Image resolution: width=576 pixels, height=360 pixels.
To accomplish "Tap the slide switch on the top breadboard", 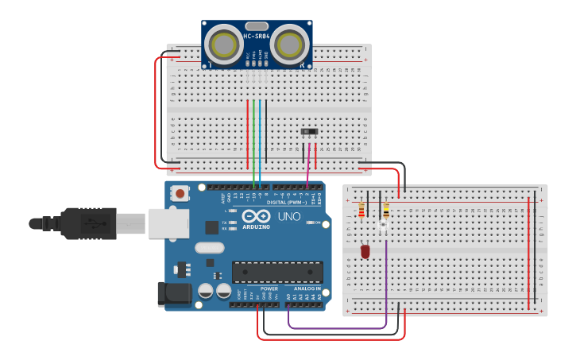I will click(309, 131).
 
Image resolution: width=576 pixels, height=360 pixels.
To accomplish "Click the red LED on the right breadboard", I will click(365, 251).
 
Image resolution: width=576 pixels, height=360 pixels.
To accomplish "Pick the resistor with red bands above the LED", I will click(362, 210).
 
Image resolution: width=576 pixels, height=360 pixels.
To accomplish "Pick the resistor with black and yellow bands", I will click(386, 211).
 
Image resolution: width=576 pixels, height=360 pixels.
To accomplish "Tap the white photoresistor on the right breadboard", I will click(383, 228).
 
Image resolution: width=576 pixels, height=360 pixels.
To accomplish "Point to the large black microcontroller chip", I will click(277, 272).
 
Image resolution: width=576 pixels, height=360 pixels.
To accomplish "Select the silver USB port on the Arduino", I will click(168, 223).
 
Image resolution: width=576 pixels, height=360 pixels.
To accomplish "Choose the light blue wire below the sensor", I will click(260, 143).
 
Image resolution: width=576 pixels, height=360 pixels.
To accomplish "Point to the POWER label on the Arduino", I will click(269, 288).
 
